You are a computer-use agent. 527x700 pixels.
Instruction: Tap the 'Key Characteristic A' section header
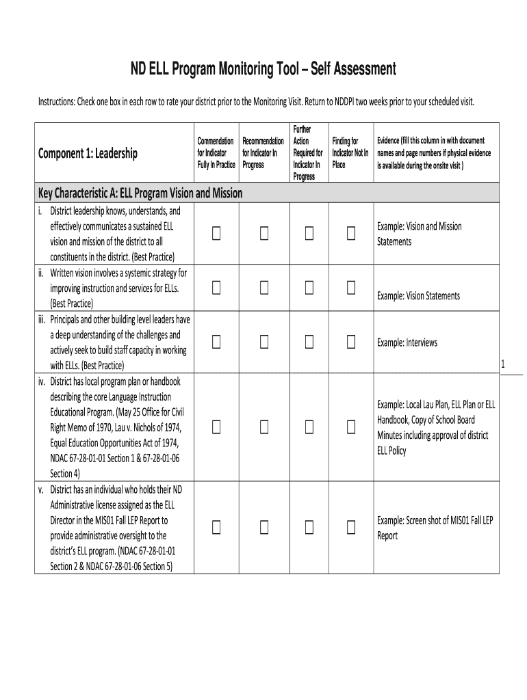tap(140, 193)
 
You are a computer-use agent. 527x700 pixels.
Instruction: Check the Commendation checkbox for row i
tap(217, 234)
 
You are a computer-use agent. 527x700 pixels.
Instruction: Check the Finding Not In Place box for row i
tap(351, 234)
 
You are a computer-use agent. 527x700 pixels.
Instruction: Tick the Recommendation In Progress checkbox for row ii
tap(263, 288)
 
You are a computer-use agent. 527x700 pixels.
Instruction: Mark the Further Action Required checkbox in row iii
tap(309, 342)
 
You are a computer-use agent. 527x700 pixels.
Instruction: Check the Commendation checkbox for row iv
tap(217, 427)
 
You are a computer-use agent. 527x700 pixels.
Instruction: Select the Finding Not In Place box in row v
tap(351, 527)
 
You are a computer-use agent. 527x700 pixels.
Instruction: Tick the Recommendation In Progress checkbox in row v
tap(263, 527)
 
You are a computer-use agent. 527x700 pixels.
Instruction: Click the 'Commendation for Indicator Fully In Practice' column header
tap(216, 153)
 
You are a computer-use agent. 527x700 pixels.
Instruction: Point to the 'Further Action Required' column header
tap(307, 153)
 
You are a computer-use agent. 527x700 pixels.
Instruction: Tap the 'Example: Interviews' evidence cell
tap(407, 342)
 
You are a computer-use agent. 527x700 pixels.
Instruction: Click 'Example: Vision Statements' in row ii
tap(418, 296)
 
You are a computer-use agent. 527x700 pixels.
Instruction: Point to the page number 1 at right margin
tap(503, 364)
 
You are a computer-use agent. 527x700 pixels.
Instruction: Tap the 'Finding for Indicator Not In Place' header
tap(350, 153)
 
